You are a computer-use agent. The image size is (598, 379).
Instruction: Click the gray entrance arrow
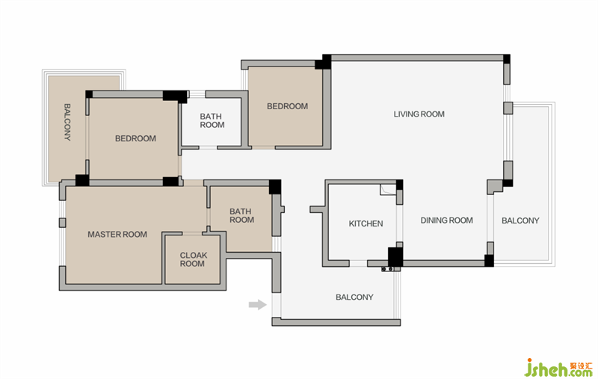(x=258, y=304)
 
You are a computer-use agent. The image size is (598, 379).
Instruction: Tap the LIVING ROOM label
(x=419, y=114)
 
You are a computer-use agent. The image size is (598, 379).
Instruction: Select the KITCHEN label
(x=366, y=224)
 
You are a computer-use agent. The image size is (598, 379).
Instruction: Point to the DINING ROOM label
(x=446, y=221)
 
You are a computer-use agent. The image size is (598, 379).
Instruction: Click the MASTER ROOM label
(x=117, y=235)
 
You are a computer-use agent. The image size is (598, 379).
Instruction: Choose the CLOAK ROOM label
(x=194, y=259)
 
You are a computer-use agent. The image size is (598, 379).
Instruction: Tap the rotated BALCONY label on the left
(x=67, y=123)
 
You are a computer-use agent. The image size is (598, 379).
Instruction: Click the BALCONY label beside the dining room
(x=520, y=221)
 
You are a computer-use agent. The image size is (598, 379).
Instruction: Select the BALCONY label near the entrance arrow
(x=354, y=297)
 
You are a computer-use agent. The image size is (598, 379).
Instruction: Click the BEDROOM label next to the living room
(x=287, y=106)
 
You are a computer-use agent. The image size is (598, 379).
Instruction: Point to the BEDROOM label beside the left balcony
(x=135, y=138)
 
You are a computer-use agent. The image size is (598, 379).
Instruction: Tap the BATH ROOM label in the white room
(x=212, y=120)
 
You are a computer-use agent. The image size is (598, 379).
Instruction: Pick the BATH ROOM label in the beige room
(x=241, y=215)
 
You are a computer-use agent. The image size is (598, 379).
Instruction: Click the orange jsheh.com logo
(x=558, y=368)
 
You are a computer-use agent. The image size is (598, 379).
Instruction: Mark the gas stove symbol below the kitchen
(x=388, y=269)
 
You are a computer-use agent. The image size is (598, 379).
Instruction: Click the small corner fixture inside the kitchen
(x=387, y=190)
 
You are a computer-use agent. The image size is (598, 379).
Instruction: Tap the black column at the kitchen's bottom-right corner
(x=395, y=257)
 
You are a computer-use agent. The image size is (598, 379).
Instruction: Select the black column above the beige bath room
(x=275, y=187)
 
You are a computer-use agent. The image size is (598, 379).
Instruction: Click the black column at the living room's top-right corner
(x=507, y=59)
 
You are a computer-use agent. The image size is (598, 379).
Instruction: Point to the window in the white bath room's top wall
(x=197, y=94)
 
